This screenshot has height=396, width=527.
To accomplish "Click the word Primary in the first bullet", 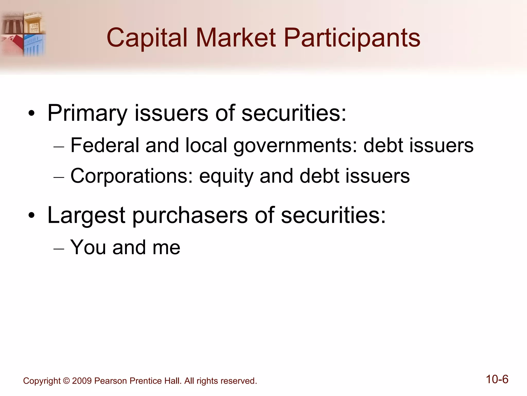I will point(87,113).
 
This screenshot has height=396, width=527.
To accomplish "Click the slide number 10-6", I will point(497,379).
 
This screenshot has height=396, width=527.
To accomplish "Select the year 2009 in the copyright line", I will point(82,381).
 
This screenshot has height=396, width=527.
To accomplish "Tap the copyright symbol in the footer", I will point(66,381).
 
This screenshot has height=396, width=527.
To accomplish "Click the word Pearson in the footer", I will point(111,381).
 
